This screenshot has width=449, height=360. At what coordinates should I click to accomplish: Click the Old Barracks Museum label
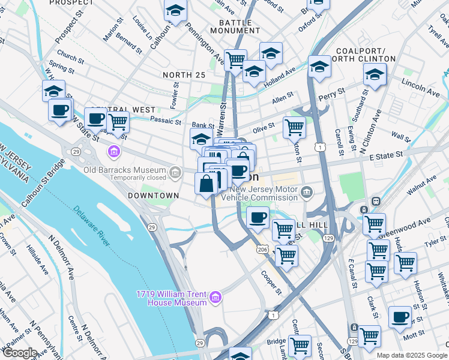(x=125, y=169)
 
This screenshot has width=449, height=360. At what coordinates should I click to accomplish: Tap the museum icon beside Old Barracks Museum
(x=175, y=173)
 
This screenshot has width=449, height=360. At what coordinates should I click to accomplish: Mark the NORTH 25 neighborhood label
(x=184, y=75)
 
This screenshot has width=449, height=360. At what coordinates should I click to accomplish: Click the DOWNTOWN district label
(x=153, y=196)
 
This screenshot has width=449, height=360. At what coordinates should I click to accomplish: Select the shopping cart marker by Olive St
(x=294, y=127)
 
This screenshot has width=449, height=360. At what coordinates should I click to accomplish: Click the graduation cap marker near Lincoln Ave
(x=375, y=75)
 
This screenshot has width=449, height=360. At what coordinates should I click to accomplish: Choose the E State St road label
(x=386, y=156)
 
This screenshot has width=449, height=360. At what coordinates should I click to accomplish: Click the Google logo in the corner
(x=19, y=353)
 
